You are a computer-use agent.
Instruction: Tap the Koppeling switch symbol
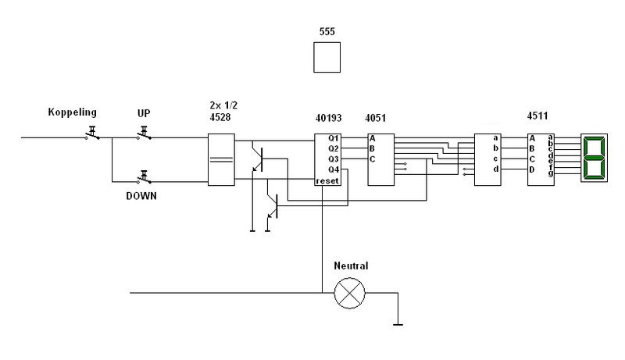(92, 134)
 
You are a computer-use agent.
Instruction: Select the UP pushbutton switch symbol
(144, 134)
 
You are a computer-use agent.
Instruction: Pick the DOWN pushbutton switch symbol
(144, 177)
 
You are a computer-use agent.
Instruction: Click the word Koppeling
(72, 112)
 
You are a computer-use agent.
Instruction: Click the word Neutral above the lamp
(351, 266)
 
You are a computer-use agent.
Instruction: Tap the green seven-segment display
(594, 158)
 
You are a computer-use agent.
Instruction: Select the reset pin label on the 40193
(327, 181)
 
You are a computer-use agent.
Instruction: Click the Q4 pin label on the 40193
(334, 170)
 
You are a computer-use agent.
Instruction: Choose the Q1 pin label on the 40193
(334, 138)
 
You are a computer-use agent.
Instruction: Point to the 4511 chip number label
(537, 116)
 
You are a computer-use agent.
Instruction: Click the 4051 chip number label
(375, 118)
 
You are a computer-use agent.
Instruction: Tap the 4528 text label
(220, 117)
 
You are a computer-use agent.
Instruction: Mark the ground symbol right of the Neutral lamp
(398, 325)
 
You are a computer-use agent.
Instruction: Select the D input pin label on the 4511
(532, 169)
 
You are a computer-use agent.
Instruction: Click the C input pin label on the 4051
(373, 159)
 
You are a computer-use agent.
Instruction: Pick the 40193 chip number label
(328, 118)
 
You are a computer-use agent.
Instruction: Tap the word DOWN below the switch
(141, 196)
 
